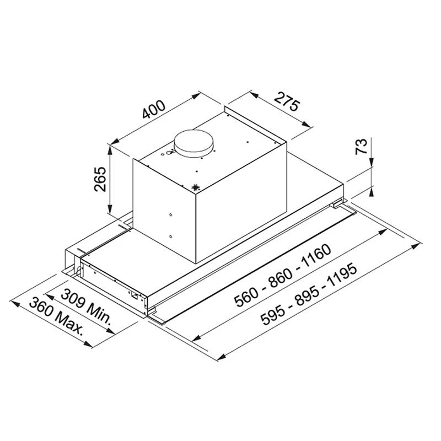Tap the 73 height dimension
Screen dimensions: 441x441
pyautogui.click(x=361, y=147)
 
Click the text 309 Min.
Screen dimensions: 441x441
pyautogui.click(x=86, y=306)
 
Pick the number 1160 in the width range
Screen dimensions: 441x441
pyautogui.click(x=316, y=256)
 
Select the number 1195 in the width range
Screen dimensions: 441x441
pyautogui.click(x=342, y=278)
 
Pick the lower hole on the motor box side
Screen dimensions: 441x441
pyautogui.click(x=170, y=237)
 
